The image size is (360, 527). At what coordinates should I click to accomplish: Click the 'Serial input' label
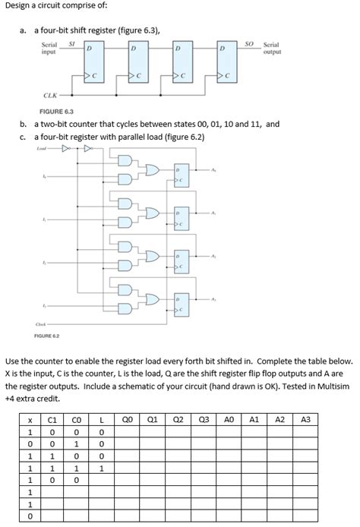[49, 49]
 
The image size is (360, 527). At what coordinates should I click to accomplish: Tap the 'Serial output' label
[271, 49]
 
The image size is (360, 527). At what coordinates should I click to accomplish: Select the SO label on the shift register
[250, 46]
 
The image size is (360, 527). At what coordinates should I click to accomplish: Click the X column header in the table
[30, 419]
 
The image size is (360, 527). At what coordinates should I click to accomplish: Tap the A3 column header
[305, 419]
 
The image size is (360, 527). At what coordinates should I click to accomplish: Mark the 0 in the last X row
[30, 518]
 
